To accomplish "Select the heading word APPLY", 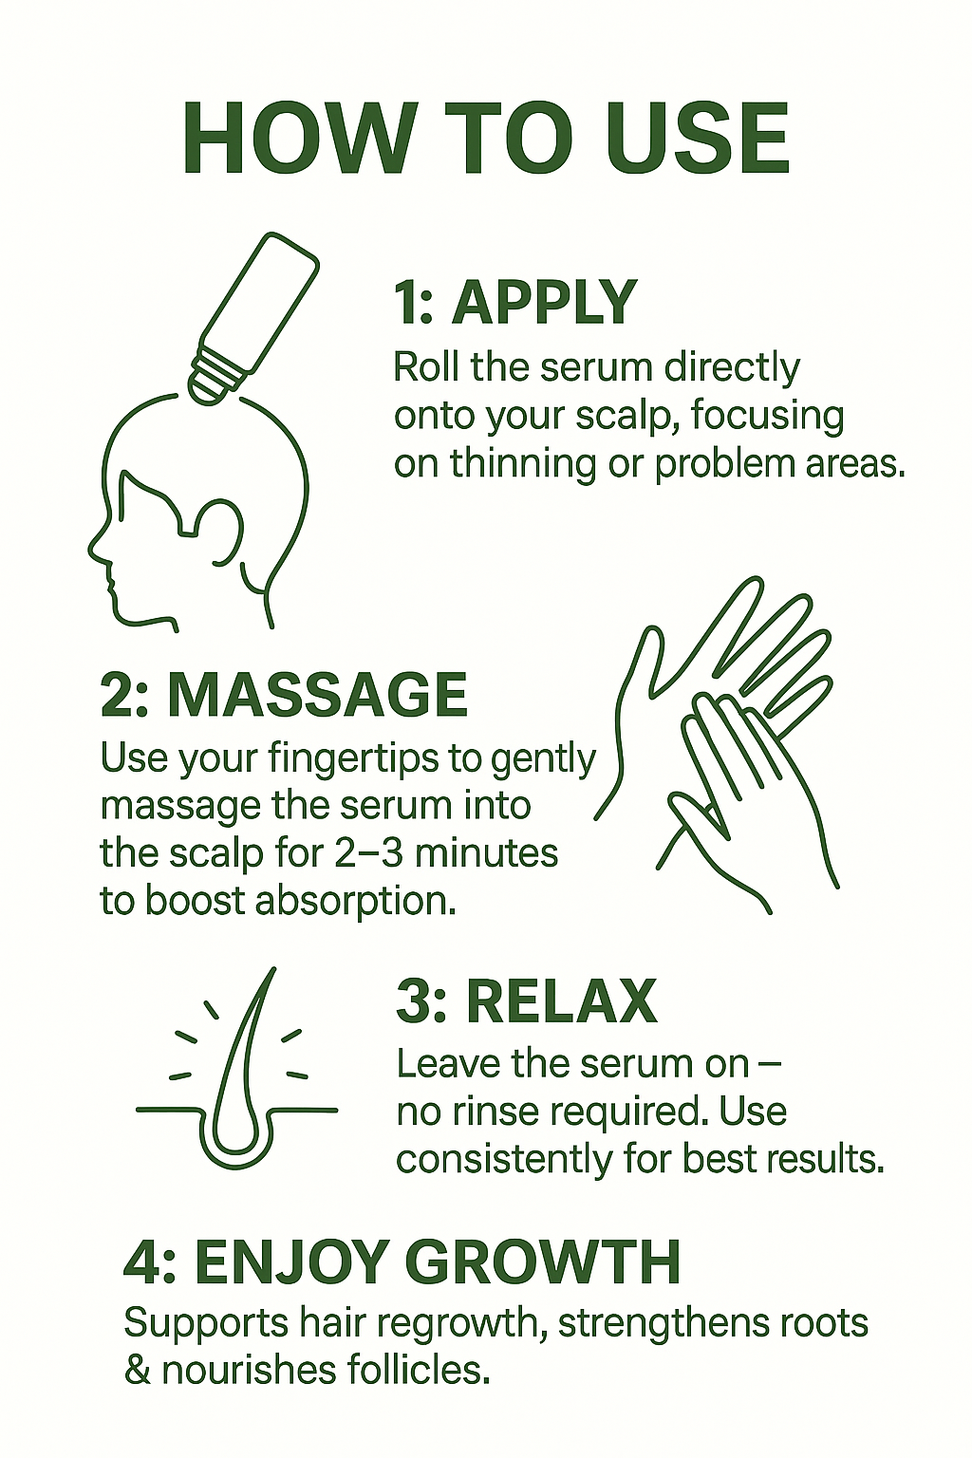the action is (x=543, y=302).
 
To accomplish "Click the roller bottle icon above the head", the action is (x=252, y=317).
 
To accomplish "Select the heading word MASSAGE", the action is (x=317, y=695).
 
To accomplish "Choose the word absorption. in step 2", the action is (x=354, y=903).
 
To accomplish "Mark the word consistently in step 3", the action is (x=504, y=1161).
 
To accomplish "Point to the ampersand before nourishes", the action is (x=138, y=1369).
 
